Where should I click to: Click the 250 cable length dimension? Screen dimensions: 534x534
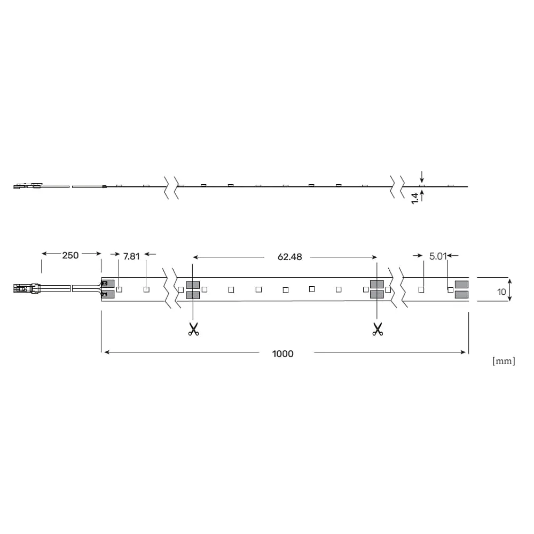pos(70,255)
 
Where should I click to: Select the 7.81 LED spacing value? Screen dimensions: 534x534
pos(131,256)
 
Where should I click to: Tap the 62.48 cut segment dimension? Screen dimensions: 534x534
pos(289,257)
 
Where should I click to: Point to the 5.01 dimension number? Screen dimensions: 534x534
pos(438,256)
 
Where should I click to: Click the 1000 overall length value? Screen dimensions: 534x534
pos(282,354)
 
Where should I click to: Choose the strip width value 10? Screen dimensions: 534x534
pos(501,292)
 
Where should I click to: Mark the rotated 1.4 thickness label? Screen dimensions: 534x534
pos(415,199)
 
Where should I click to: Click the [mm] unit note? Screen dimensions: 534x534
pos(504,361)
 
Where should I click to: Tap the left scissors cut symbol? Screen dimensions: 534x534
pos(193,329)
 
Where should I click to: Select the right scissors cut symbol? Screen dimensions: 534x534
pos(378,329)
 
